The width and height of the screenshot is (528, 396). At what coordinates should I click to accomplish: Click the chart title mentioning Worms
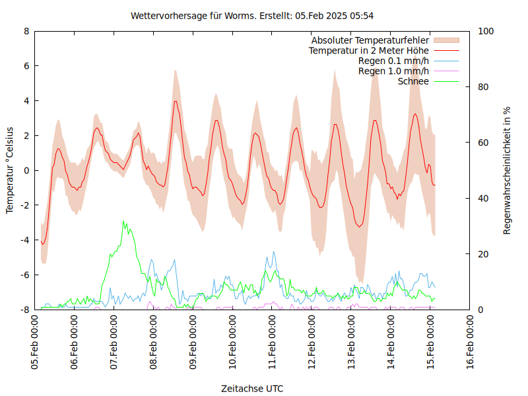pos(253,15)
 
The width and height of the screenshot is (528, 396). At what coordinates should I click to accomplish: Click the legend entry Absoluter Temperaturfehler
pos(370,40)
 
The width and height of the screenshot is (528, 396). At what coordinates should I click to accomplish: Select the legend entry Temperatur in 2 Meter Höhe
pos(369,50)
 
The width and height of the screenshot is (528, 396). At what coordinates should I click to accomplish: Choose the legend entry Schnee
pos(414,81)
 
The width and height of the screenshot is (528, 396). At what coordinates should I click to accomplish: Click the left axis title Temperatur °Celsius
pos(10,170)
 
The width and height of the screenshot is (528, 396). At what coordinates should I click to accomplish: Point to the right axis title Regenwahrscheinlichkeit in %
pos(507,170)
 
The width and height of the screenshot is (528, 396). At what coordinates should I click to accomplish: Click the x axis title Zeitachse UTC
pos(252,389)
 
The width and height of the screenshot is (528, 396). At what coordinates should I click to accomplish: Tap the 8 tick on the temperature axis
pos(26,31)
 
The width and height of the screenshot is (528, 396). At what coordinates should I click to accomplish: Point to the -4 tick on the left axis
pos(24,240)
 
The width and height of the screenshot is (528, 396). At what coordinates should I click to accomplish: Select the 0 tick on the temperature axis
pos(26,170)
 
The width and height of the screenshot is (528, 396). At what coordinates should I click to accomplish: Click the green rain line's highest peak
pos(124,222)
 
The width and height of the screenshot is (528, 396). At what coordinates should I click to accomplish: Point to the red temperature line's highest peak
pos(176,101)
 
